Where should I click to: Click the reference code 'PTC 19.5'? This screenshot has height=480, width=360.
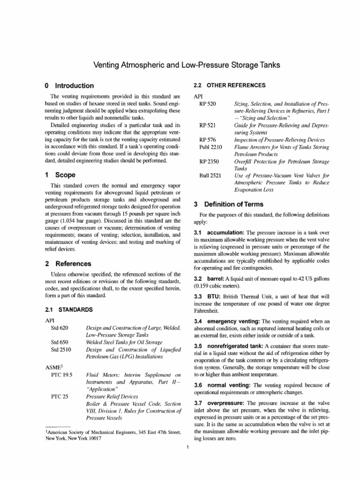[61, 375]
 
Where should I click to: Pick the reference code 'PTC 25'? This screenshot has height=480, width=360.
[59, 396]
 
